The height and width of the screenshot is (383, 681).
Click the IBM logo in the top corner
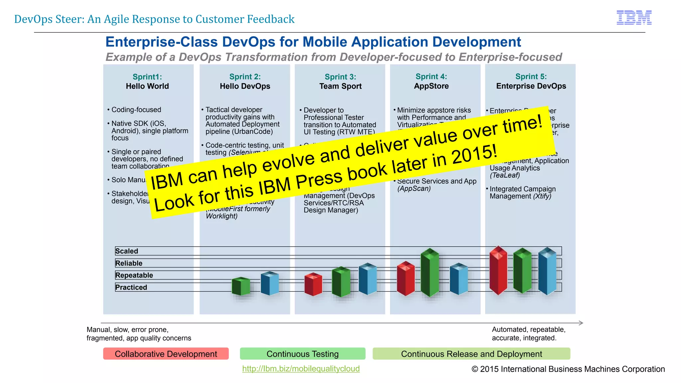tap(634, 18)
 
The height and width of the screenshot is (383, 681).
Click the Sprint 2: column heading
tap(245, 77)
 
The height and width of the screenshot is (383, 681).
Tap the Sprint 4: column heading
tap(431, 77)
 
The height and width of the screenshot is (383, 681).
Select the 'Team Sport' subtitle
tap(340, 86)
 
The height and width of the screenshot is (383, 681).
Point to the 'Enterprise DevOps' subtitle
tap(531, 86)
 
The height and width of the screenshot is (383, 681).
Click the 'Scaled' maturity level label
tap(127, 251)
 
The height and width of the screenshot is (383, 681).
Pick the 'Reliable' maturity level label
tap(129, 263)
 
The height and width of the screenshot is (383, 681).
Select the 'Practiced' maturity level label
tap(131, 287)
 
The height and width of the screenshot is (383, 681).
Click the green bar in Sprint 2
tap(241, 286)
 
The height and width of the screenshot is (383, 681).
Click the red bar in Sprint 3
tap(313, 284)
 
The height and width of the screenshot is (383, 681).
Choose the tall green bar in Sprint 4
tap(430, 273)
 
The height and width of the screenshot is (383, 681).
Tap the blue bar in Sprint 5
tap(547, 271)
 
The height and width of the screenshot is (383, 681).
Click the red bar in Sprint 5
tap(498, 270)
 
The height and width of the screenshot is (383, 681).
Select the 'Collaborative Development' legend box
tap(166, 354)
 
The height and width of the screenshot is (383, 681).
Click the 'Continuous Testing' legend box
tap(303, 354)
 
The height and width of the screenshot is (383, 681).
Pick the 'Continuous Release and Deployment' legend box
tap(471, 354)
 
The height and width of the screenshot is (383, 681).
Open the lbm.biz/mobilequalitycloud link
tap(301, 369)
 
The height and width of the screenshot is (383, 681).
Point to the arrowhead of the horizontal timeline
tap(581, 323)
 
